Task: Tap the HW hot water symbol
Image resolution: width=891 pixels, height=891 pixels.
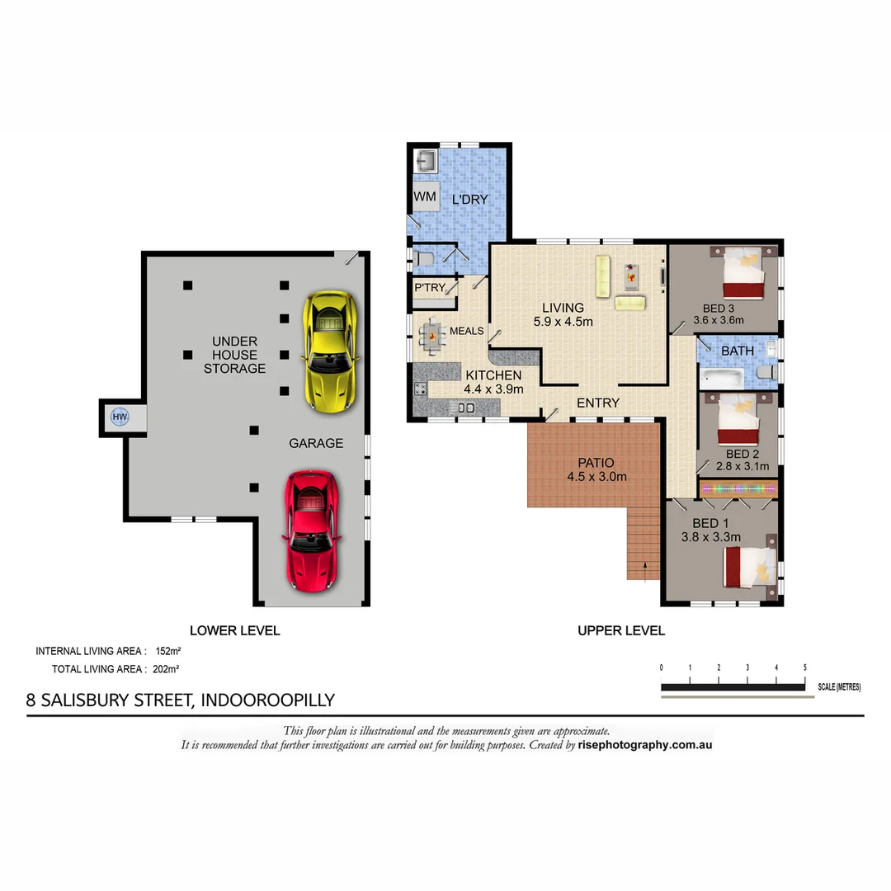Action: click(120, 417)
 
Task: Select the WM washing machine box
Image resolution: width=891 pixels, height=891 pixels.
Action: click(425, 197)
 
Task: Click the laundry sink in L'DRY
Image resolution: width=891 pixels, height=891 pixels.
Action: click(425, 161)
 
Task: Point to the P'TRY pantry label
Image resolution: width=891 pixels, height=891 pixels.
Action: click(430, 288)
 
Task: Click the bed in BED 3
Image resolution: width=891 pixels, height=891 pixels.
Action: click(746, 274)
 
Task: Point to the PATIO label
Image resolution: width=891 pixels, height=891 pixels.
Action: click(596, 463)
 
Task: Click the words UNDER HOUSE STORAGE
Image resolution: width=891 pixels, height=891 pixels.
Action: click(234, 355)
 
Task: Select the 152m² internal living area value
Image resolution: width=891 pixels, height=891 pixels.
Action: click(167, 651)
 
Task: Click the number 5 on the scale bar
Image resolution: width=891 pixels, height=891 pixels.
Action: click(804, 667)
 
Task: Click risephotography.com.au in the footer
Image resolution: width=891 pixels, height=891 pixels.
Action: click(645, 745)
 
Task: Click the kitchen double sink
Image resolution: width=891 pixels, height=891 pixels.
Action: click(464, 407)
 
